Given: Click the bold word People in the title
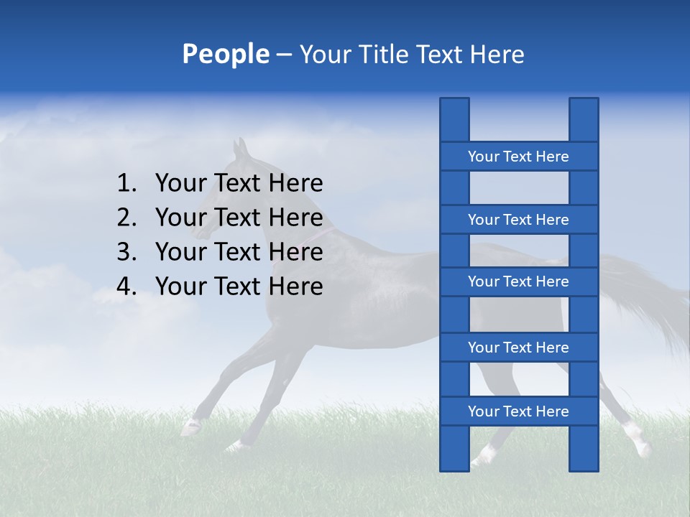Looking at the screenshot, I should pos(225,54).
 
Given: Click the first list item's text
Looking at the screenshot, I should pos(239,184).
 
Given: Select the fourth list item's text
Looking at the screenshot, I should pos(239,287).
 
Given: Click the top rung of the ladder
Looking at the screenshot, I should pos(518,157).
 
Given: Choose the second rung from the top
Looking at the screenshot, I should pos(518,220).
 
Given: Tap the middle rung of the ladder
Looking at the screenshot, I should pos(518,281).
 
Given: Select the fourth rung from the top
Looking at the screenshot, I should pos(518,348).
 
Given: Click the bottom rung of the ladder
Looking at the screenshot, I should pos(518,411).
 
